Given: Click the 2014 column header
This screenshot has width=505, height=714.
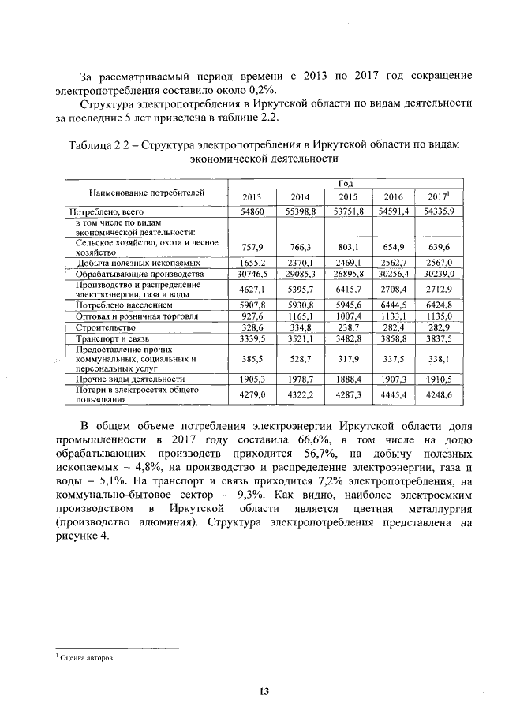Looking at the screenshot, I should click(300, 196).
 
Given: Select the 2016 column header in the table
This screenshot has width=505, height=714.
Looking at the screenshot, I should click(393, 196).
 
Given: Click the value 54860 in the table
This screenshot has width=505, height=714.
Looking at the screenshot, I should click(252, 212).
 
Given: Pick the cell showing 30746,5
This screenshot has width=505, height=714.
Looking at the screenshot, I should click(252, 273).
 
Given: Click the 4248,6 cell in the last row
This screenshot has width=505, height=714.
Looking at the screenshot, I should click(440, 394).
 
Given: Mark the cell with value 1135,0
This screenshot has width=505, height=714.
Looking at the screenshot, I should click(440, 316).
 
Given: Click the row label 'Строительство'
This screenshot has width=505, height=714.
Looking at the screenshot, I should click(104, 327).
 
